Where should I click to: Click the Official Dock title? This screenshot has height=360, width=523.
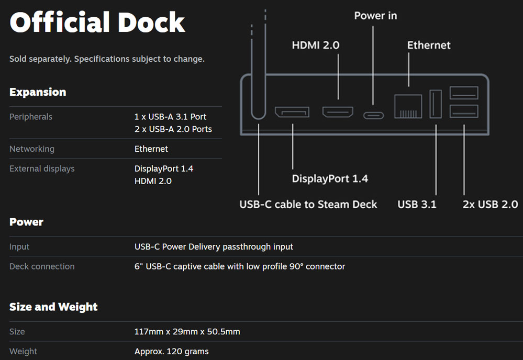[x=97, y=22]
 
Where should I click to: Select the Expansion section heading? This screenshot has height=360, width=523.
[x=38, y=92]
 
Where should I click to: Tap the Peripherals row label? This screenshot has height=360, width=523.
[x=31, y=117]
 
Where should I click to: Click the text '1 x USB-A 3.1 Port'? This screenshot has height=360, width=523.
[x=170, y=117]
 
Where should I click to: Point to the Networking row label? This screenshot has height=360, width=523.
[x=32, y=149]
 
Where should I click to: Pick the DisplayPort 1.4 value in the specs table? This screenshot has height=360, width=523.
[x=164, y=168]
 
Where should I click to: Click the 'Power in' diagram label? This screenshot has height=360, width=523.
[x=375, y=16]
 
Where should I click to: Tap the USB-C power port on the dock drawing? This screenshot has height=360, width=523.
[x=373, y=115]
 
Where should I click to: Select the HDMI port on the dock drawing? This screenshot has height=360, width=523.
[x=338, y=111]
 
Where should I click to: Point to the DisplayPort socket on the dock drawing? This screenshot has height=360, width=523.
[x=292, y=112]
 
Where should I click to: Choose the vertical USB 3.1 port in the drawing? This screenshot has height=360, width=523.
[x=436, y=104]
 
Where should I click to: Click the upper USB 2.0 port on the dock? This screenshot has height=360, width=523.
[x=464, y=93]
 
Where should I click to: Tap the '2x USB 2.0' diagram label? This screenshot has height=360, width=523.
[x=490, y=204]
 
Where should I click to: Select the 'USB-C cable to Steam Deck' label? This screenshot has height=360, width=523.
[x=308, y=204]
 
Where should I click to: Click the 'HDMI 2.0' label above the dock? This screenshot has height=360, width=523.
[x=315, y=46]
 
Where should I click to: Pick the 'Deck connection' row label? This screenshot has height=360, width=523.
[x=42, y=266]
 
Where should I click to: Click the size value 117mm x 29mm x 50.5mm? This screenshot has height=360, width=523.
[x=187, y=332]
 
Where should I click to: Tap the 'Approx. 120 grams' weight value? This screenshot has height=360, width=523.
[x=171, y=352]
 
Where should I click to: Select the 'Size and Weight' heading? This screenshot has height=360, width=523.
[x=53, y=307]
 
